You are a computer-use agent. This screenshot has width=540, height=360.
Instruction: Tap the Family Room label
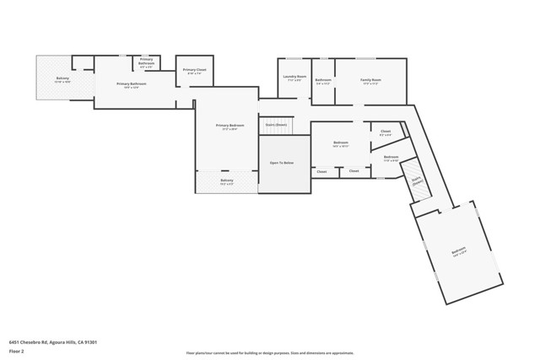coord(370,79)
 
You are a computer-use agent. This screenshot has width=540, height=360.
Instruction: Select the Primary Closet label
coord(194,70)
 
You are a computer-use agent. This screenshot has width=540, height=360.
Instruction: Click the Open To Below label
coord(281,163)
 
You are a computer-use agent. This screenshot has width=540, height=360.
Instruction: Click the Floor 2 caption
coord(16,350)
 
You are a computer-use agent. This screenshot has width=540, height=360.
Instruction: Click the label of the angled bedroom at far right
coord(458,250)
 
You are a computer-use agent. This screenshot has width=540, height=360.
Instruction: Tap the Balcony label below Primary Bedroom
coord(227,180)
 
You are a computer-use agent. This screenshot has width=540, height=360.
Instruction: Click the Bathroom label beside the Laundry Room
coord(323,79)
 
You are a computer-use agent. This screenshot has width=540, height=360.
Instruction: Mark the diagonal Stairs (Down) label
coord(416,185)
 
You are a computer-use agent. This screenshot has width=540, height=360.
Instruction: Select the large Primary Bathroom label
coord(132,83)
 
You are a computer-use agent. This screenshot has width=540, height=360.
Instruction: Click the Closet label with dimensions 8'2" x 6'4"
coord(385,132)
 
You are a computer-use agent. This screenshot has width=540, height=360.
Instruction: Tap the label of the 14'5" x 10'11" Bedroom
coord(341,143)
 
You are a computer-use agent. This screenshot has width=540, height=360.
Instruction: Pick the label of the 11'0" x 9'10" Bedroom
coord(391,157)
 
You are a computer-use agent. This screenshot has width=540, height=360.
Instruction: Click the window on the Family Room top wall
coord(365,58)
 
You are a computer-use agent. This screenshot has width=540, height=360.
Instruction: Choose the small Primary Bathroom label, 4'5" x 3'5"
coord(146,61)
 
